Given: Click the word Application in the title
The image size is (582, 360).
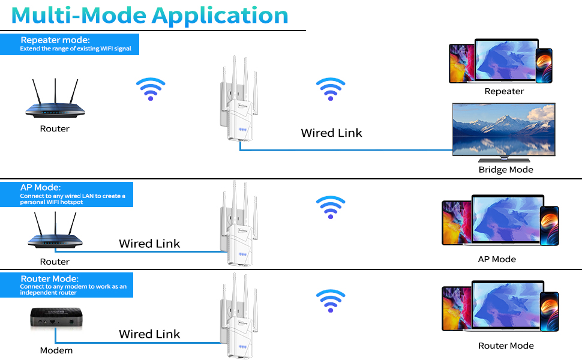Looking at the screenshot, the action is coord(220,15).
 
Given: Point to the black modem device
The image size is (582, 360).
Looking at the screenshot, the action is coord(55,319).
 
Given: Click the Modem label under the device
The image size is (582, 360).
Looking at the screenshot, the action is coord(56,350).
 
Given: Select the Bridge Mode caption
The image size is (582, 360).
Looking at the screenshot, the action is coord(506,170).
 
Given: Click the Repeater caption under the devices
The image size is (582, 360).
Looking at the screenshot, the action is coord(504,91).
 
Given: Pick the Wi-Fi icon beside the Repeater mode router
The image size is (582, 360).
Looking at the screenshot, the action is coord(150,88).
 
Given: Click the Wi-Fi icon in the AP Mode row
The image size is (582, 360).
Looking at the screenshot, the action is coord(331,207).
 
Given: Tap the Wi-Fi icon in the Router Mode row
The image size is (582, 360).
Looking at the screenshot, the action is coord(331,300).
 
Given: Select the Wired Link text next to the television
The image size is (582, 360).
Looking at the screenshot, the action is coord(331,133).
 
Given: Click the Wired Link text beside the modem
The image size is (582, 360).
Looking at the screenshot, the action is coord(149,334).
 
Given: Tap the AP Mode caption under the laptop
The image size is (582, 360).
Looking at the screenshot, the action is coord(497,259).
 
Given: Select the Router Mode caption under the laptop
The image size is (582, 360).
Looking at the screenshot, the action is coord(506,346).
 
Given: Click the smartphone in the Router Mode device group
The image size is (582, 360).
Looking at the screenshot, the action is coord(549,311).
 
